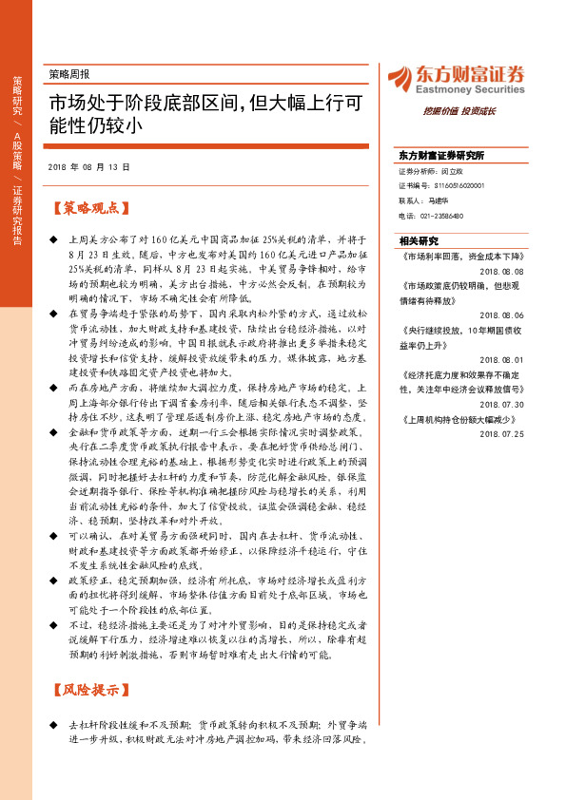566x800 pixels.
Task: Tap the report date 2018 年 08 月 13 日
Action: click(x=88, y=166)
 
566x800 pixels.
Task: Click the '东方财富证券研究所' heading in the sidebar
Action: click(x=441, y=154)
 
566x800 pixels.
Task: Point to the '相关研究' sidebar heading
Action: click(x=419, y=241)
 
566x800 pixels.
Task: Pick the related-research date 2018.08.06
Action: click(x=502, y=313)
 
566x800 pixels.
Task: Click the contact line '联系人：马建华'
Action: click(x=424, y=200)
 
